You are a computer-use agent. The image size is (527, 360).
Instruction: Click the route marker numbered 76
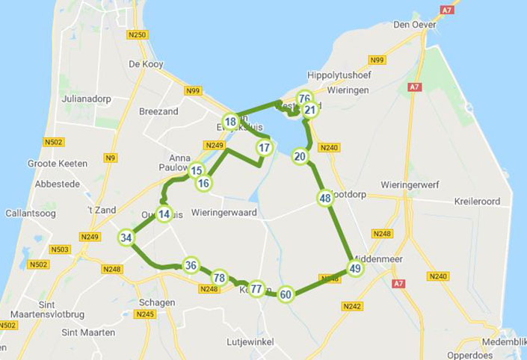point(303,99)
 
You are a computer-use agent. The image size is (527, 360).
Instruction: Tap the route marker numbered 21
point(309,111)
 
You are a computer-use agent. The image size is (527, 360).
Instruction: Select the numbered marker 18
point(230,121)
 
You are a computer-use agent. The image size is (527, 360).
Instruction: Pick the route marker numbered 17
point(263,148)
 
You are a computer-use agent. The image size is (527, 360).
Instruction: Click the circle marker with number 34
point(126,238)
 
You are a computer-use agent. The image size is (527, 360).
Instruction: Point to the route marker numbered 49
point(355,269)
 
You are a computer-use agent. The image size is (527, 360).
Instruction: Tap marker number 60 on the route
point(286,294)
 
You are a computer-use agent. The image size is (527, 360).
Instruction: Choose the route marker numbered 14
point(164,214)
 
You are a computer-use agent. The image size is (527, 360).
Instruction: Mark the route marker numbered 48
point(324,198)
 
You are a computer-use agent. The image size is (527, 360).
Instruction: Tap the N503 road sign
point(60,249)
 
